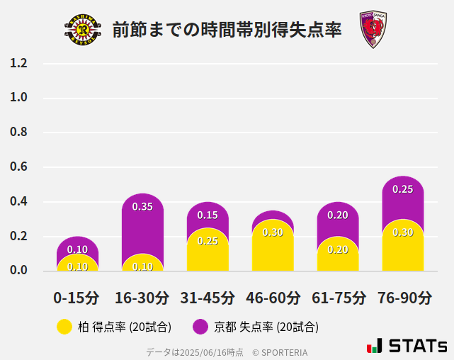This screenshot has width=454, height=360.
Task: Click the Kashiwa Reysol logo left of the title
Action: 83,30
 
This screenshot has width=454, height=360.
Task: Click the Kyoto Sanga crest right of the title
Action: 373,30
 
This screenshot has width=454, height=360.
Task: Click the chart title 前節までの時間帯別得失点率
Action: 227,30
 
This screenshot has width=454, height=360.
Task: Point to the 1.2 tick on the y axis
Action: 18,63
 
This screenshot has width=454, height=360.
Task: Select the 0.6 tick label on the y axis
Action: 18,167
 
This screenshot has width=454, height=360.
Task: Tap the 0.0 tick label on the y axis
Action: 18,270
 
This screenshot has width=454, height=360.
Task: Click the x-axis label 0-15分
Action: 77,298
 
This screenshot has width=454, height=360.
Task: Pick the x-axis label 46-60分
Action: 273,298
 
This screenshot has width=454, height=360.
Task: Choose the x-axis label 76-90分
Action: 403,298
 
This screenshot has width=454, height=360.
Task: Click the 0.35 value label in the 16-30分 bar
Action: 142,207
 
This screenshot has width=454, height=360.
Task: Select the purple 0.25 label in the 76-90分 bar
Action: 403,189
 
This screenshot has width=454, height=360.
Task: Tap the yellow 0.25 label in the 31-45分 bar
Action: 208,241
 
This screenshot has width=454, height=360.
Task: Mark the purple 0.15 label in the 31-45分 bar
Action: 208,215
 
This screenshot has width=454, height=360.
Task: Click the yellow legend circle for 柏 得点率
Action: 64,327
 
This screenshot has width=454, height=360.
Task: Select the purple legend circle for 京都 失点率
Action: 200,327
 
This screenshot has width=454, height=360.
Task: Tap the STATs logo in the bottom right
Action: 407,347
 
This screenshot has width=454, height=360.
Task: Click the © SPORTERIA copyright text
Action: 280,352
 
